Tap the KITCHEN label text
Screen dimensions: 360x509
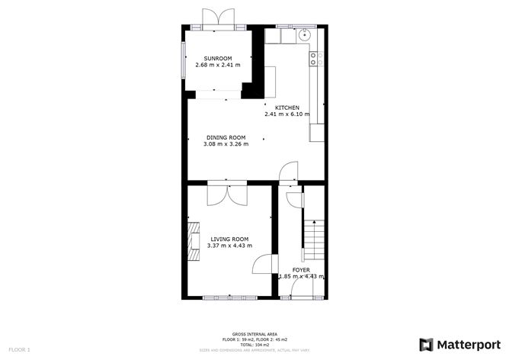click(287, 108)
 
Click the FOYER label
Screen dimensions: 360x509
click(301, 269)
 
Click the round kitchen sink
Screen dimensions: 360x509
click(305, 34)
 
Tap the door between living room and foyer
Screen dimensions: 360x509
click(264, 265)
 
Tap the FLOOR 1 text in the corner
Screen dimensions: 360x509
click(20, 349)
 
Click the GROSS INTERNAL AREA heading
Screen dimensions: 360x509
click(254, 334)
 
